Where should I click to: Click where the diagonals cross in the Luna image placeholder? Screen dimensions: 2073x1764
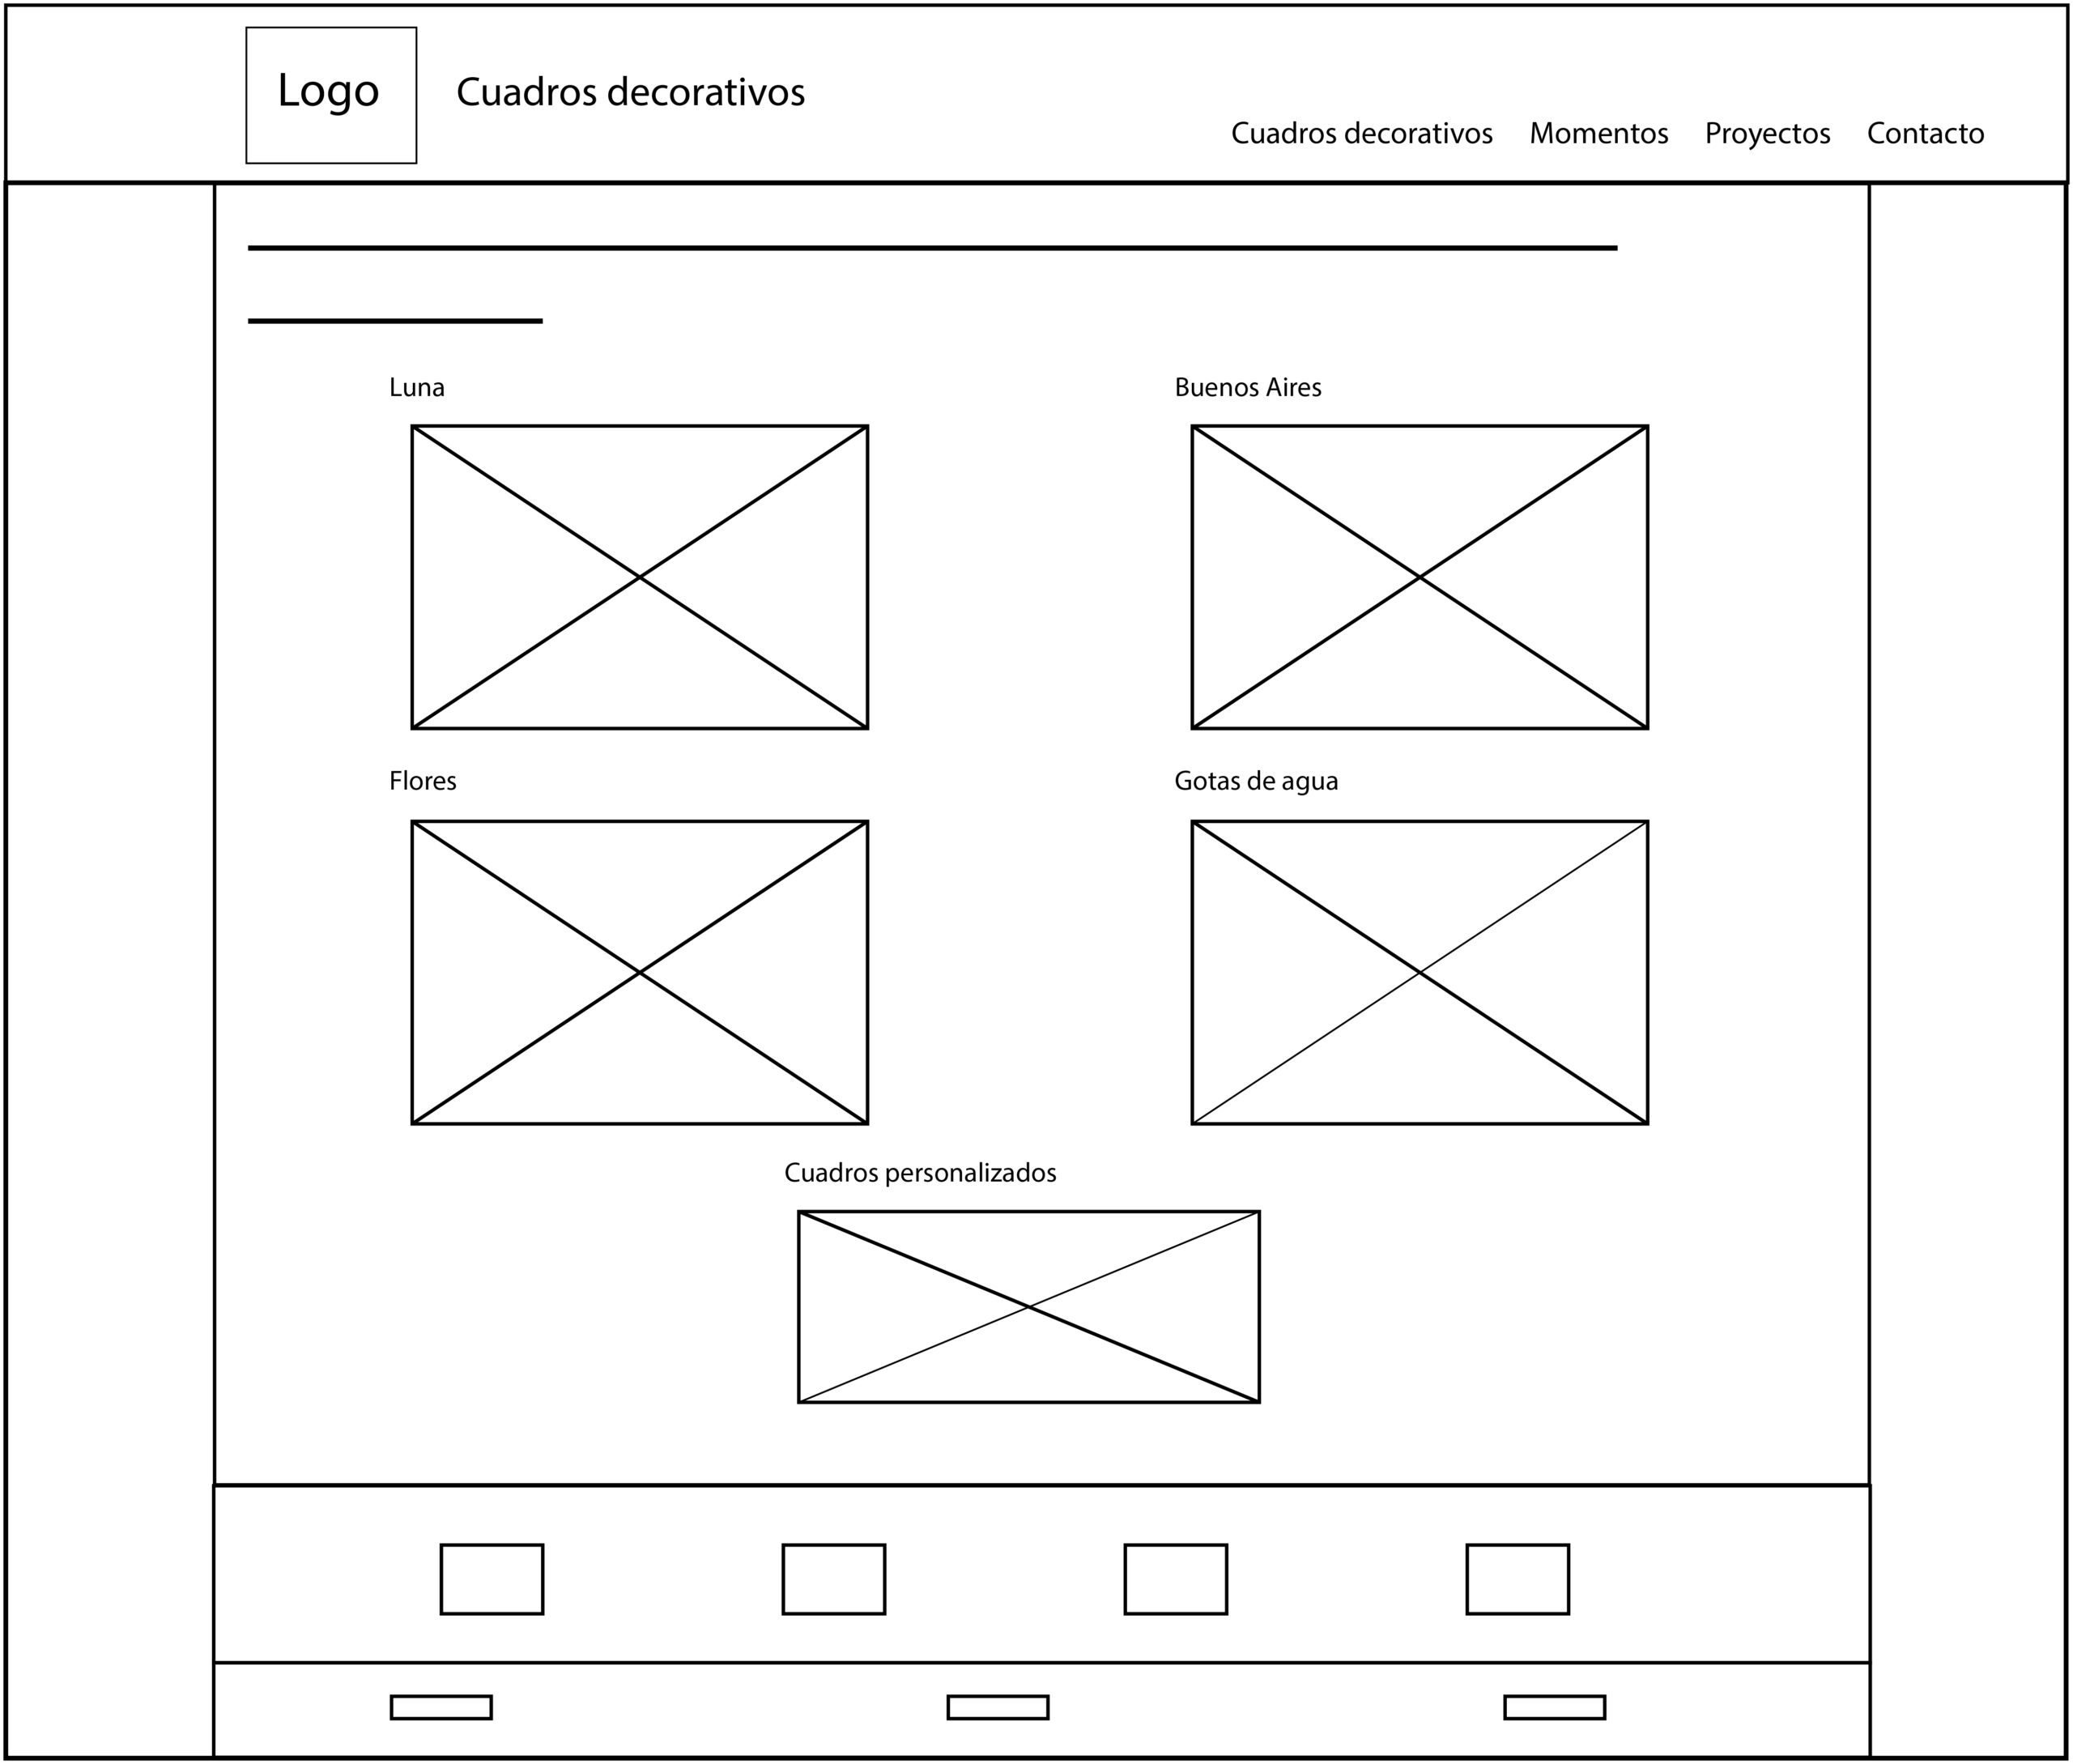coord(640,577)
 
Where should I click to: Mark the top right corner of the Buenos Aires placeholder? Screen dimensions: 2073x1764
coord(1647,426)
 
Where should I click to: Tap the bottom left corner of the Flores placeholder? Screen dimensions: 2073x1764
coord(412,1123)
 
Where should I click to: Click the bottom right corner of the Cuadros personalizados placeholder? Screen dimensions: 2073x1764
coord(1259,1402)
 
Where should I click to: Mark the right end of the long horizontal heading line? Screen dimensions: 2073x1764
coord(1618,248)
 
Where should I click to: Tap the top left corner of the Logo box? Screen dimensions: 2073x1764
coord(246,27)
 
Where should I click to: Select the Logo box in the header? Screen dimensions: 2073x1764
coord(332,95)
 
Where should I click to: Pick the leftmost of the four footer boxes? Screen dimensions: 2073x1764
coord(492,1579)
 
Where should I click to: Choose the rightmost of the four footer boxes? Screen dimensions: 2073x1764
coord(1518,1579)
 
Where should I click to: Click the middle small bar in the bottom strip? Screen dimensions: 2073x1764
coord(998,1707)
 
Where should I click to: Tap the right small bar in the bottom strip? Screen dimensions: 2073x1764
coord(1555,1707)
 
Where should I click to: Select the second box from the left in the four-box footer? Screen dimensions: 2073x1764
coord(834,1579)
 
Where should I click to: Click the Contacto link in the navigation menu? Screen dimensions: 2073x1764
coord(1926,133)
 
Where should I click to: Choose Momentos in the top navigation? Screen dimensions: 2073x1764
coord(1599,133)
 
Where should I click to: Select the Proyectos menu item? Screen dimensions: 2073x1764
coord(1768,134)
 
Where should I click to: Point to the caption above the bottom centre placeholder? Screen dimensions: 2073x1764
coord(920,1172)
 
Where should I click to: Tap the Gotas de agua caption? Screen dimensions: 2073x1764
coord(1256,781)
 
